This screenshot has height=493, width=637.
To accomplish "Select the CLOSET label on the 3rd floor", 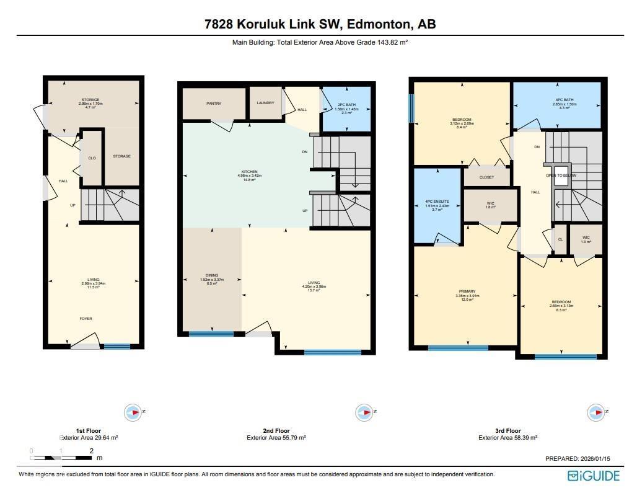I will point(486,177).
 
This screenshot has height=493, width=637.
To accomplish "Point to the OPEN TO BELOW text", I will point(561,175).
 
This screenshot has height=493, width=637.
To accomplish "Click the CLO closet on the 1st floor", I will point(92,158).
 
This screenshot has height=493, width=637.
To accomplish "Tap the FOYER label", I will point(86,319).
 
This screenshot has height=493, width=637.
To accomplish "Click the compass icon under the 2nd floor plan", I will point(362,412).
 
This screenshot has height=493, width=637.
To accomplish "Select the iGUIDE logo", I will point(593,476).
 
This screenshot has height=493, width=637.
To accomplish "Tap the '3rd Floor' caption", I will point(507,430).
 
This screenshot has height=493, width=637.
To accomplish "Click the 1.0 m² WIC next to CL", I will point(586,239).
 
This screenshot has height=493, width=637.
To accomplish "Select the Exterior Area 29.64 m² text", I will point(89,438).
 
